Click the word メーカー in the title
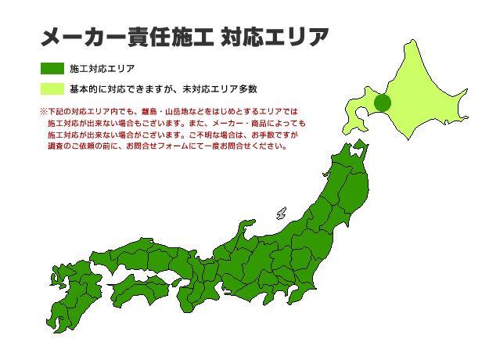[79, 37]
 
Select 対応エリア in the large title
[275, 37]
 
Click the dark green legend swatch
[52, 69]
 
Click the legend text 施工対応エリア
[102, 69]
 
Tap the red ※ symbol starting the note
[43, 112]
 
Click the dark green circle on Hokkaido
[383, 103]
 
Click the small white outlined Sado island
[281, 213]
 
